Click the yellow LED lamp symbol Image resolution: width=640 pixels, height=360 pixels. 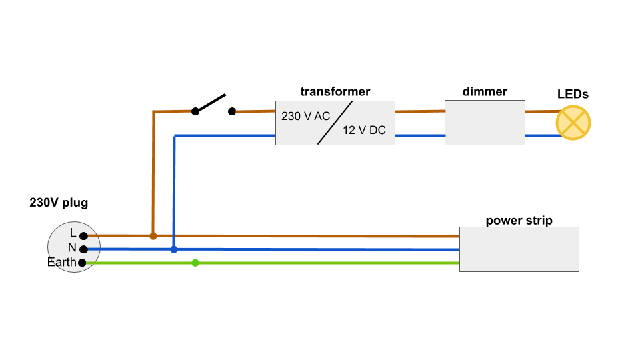coord(573,123)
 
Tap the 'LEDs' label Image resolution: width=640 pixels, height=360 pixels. coord(573,95)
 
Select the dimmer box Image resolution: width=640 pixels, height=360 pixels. coord(485,123)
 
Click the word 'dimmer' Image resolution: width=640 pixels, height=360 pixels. coord(485,92)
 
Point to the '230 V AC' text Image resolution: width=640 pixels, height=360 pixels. coord(305,116)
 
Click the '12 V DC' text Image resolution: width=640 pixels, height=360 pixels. coord(364,131)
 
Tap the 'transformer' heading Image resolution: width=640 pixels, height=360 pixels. coord(335,92)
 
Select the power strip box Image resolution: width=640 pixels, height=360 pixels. coord(519,249)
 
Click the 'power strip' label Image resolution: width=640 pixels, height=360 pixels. coord(519,221)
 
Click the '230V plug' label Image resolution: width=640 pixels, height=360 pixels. coord(59,203)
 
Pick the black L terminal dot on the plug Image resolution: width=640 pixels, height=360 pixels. coord(83,236)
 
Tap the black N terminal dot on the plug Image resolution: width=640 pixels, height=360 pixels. coord(83,249)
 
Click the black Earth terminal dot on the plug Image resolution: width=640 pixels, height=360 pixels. coord(82,263)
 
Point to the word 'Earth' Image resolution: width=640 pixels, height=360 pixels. coord(61,263)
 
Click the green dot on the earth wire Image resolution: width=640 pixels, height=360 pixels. coord(195,263)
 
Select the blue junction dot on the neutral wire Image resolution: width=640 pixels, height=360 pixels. coord(174,249)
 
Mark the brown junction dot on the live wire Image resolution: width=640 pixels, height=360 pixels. coord(153,236)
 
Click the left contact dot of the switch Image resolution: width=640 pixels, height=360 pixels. coord(195,111)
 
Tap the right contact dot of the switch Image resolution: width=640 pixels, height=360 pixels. coord(232,111)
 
